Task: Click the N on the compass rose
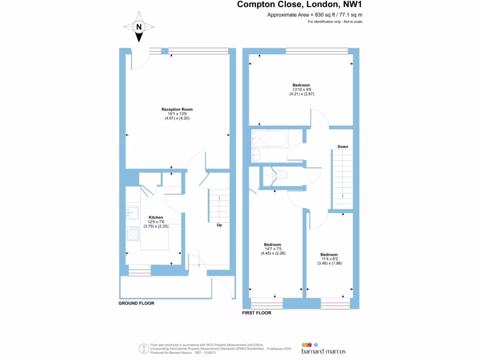click(138, 27)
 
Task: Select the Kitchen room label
click(156, 217)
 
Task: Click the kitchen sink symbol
click(132, 213)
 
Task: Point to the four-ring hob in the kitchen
click(132, 233)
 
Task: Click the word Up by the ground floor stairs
click(219, 225)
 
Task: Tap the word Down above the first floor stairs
click(343, 147)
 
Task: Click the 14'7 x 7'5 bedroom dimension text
click(273, 249)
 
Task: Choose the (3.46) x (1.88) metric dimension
click(329, 263)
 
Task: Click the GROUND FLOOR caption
click(136, 303)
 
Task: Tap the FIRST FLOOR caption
click(256, 313)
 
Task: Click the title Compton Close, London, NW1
click(300, 5)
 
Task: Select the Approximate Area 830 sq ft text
click(315, 15)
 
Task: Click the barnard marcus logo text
click(324, 351)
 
